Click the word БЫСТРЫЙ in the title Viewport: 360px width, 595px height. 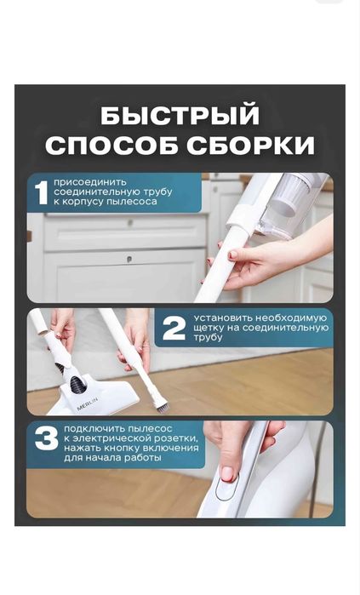coord(180,115)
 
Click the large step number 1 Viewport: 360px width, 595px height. coord(40,192)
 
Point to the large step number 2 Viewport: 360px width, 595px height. coord(174,329)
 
